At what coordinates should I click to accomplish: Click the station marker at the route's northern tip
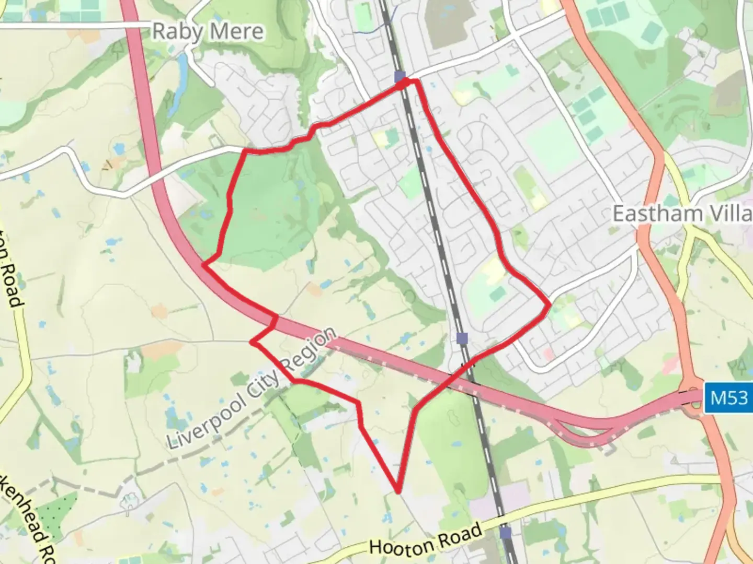tap(400, 77)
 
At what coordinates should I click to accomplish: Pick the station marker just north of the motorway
tap(462, 338)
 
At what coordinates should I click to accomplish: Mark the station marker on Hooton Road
tap(505, 533)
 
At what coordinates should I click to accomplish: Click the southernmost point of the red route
tap(398, 491)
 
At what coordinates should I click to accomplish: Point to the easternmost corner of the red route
tap(549, 304)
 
